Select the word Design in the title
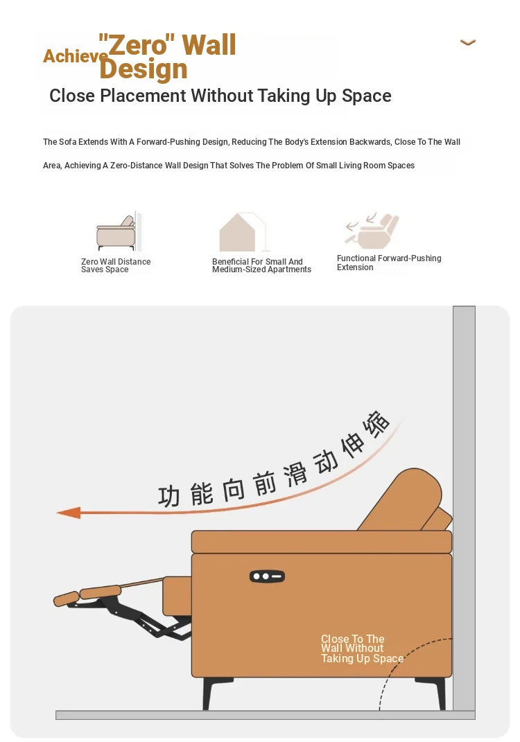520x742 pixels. [144, 69]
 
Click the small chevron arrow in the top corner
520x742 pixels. [467, 42]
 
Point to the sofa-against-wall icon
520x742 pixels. [119, 231]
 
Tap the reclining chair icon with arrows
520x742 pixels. [372, 231]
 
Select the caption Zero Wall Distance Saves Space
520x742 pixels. [116, 265]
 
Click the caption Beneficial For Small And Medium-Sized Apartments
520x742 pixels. [261, 265]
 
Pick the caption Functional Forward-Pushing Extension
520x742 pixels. [389, 263]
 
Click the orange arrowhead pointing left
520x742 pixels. [69, 513]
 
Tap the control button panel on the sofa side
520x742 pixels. [267, 576]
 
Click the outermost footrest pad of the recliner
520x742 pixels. [67, 599]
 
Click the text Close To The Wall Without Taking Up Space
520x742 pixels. [363, 648]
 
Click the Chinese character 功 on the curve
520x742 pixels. [169, 496]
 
